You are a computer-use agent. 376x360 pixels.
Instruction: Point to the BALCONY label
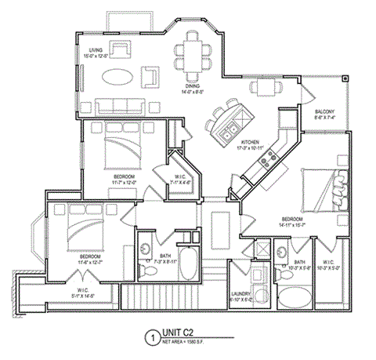coord(324,112)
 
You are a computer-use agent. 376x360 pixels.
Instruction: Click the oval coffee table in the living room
coord(121,77)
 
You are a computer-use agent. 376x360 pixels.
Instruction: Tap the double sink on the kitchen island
coord(230,133)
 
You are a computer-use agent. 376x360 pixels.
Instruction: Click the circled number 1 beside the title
coord(149,338)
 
